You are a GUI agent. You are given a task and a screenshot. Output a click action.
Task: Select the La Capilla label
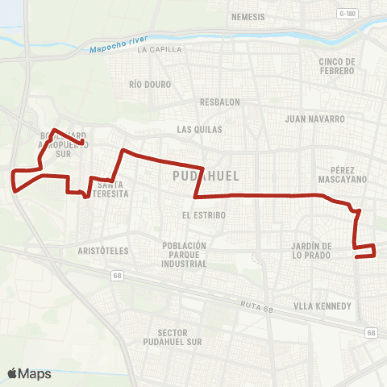click(x=156, y=50)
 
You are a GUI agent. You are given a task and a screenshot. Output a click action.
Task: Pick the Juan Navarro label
click(x=315, y=119)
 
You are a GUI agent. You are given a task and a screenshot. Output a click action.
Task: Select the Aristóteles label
click(x=103, y=251)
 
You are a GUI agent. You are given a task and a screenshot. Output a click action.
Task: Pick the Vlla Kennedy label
click(x=322, y=306)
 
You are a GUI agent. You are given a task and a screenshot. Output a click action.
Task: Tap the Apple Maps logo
click(x=29, y=373)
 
